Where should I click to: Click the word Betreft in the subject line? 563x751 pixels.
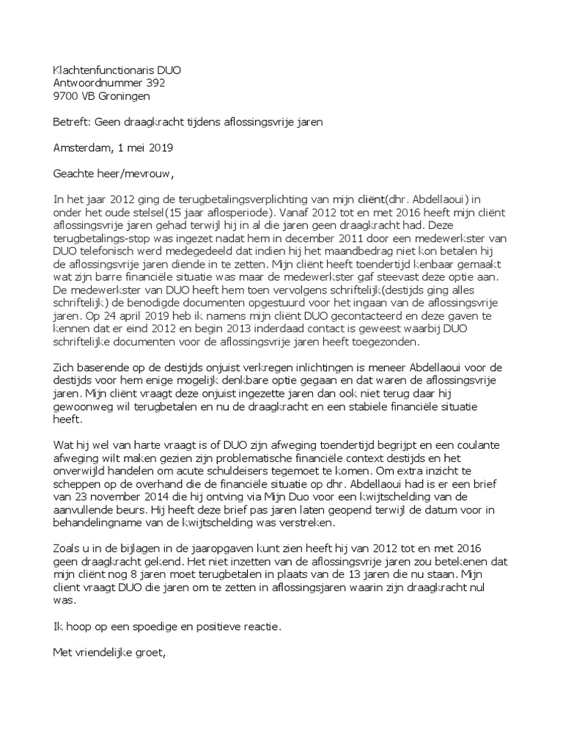coord(72,122)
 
